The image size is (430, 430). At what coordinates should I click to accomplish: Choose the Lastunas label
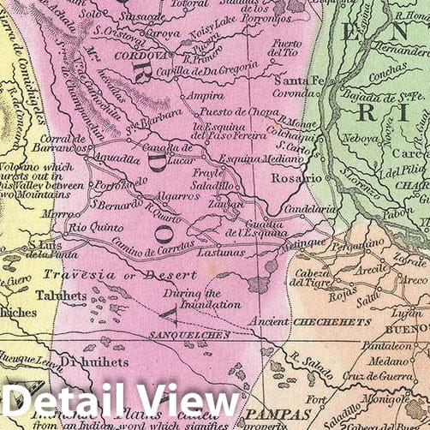tap(220, 252)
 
